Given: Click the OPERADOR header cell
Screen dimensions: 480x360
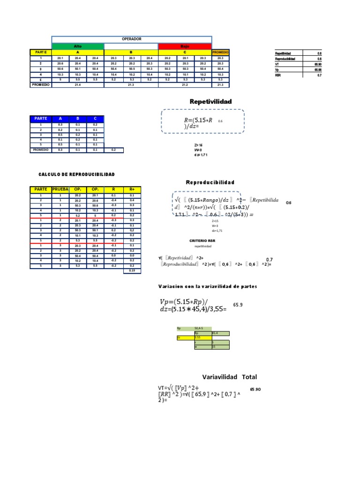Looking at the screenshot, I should (131, 39).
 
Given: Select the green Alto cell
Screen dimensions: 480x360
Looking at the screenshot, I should (77, 46).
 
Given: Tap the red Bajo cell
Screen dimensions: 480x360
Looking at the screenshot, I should (185, 46).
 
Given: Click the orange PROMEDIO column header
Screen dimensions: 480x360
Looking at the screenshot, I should (220, 52).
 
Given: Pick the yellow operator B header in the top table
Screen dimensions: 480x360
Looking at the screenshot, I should (131, 52).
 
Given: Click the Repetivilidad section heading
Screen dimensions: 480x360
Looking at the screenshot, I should (210, 102).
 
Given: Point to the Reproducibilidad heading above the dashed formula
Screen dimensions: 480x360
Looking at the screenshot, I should (210, 182).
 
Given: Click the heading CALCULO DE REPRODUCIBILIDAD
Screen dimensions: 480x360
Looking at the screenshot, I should (76, 174).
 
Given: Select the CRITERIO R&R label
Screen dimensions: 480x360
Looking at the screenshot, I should (202, 240).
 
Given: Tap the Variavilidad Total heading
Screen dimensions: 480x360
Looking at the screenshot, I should (229, 377).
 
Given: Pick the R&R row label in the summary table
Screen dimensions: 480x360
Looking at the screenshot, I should (278, 75).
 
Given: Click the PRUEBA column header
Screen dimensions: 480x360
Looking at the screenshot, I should (60, 189).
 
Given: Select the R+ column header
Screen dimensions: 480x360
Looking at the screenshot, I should (132, 189).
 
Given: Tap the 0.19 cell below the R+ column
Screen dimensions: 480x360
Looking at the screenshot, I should (132, 271).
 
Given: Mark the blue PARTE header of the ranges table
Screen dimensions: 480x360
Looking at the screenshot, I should (40, 119).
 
